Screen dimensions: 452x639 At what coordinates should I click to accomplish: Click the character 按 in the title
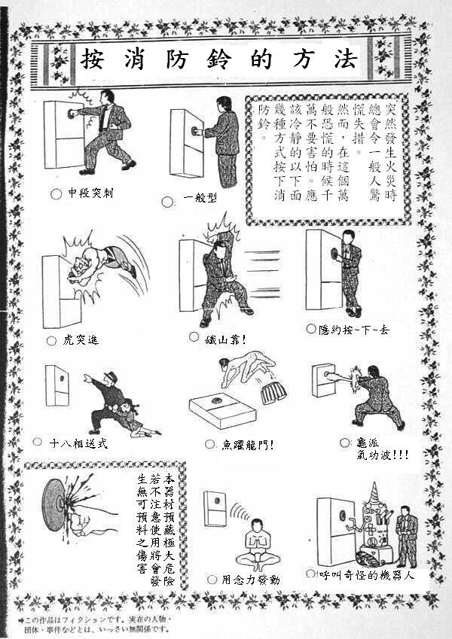click(x=92, y=59)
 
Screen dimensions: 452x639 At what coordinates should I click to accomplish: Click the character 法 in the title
click(x=346, y=59)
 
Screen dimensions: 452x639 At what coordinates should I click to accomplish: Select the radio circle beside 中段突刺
click(x=56, y=193)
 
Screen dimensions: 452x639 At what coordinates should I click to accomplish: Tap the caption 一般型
click(x=200, y=198)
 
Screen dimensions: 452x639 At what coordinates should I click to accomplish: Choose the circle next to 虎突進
click(x=51, y=341)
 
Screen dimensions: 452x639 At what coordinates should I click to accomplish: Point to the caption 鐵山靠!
click(x=225, y=339)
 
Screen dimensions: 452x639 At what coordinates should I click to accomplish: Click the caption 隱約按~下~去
click(x=354, y=329)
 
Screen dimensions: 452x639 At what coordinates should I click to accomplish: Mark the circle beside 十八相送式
click(x=37, y=441)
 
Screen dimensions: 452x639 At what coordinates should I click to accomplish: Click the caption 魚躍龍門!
click(x=248, y=445)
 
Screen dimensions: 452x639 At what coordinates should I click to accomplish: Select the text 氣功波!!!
click(x=383, y=455)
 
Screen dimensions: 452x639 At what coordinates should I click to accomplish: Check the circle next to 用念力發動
click(x=212, y=579)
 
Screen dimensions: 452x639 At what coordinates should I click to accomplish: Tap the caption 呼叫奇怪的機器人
click(x=367, y=575)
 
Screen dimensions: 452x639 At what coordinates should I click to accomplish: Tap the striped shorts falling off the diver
click(x=273, y=392)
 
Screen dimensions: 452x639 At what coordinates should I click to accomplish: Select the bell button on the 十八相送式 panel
click(x=62, y=378)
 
